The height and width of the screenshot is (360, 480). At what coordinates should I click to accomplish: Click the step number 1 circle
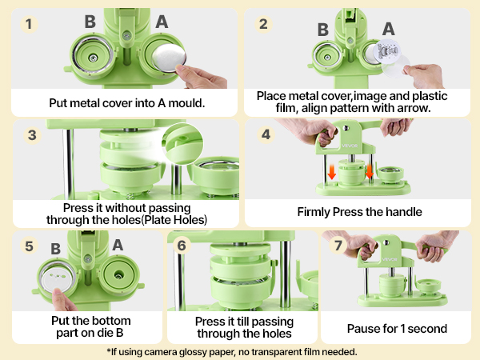click(x=30, y=24)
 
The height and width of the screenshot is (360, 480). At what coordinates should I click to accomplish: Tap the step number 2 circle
click(x=264, y=24)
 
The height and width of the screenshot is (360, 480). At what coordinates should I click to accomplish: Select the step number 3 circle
click(x=32, y=134)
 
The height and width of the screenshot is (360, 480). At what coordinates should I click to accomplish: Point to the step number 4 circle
click(x=266, y=134)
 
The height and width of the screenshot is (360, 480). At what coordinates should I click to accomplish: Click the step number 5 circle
click(x=30, y=245)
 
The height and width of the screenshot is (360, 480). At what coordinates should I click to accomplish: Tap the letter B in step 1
click(x=90, y=22)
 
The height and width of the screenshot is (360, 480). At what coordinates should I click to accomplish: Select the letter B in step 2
click(x=322, y=30)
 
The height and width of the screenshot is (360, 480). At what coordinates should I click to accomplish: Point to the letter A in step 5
click(x=117, y=244)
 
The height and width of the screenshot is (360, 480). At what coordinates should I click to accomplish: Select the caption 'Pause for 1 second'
click(x=396, y=328)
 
